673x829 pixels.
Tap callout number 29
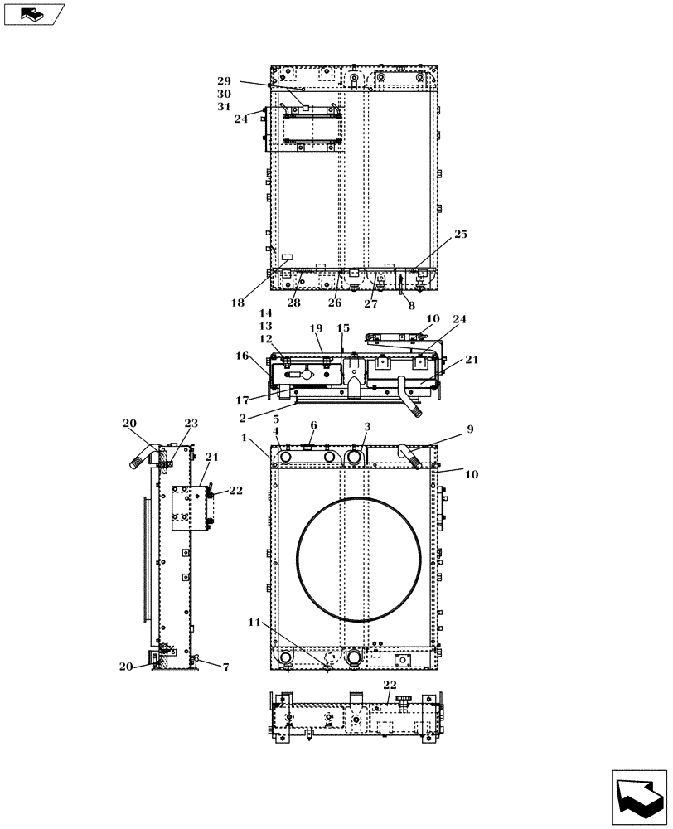point(224,81)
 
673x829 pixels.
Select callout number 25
point(460,235)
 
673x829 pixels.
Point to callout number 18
point(238,303)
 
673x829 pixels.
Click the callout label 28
point(294,303)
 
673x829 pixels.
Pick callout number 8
point(411,305)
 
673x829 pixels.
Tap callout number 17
point(241,400)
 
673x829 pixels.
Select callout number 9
point(470,429)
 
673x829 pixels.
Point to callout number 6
point(312,425)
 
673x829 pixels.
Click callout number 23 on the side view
point(191,424)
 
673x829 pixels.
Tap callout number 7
point(225,667)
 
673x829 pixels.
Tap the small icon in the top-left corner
point(33,14)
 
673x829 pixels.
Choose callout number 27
point(370,303)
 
